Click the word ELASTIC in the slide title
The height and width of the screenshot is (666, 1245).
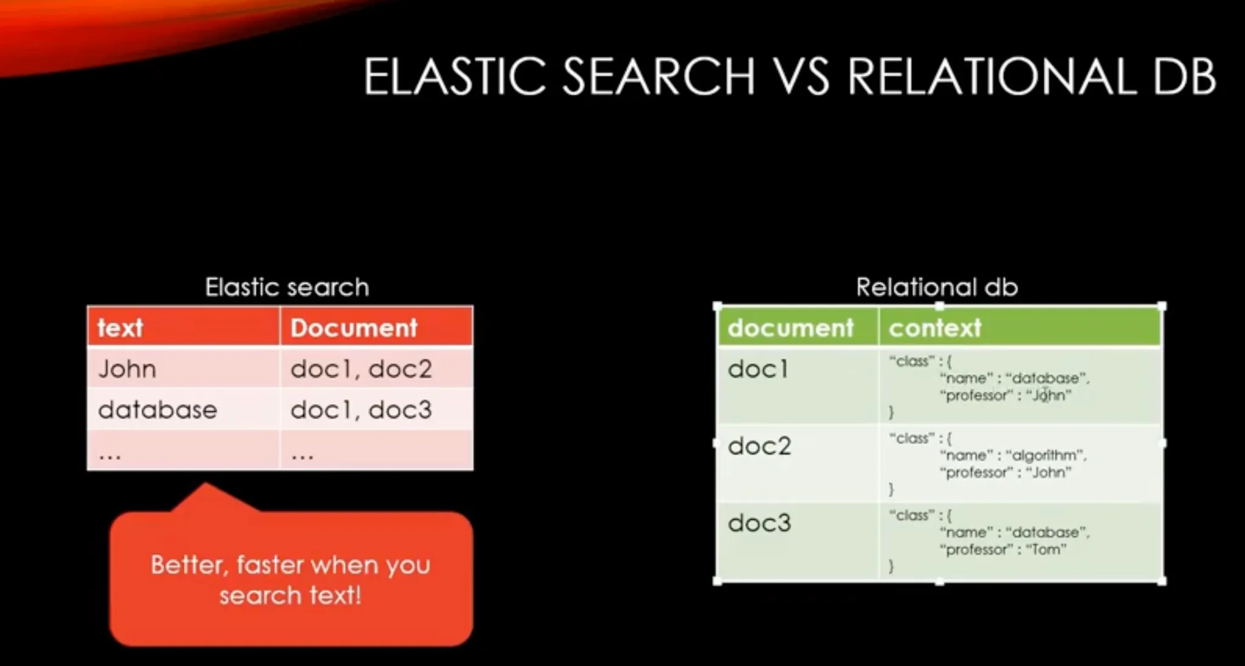pos(455,77)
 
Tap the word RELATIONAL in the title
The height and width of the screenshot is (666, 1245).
pos(992,77)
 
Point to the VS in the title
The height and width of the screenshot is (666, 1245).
pos(801,77)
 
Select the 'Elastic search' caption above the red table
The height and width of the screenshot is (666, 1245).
pos(287,287)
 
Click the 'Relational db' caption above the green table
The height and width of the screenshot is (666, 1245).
pos(937,287)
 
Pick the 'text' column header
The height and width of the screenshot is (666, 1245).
pos(120,328)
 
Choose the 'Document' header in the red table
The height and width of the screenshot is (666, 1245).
pos(354,328)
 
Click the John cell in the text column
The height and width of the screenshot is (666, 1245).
pos(127,369)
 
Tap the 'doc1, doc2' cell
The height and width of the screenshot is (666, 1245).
pos(361,369)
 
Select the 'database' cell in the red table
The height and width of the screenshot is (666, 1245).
pos(157,409)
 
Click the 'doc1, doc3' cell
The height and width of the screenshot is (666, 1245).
pos(361,409)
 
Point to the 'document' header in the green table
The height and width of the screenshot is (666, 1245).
pos(790,328)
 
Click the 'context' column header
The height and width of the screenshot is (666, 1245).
pos(935,328)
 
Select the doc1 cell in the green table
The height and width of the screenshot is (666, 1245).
pos(758,369)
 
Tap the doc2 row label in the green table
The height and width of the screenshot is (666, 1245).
pos(759,446)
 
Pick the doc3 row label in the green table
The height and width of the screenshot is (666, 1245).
pos(759,523)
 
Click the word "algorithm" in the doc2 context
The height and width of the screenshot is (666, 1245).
pos(1046,455)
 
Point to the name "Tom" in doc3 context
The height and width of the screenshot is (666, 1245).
pos(1046,550)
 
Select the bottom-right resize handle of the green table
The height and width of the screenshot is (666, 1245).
pos(1162,581)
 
